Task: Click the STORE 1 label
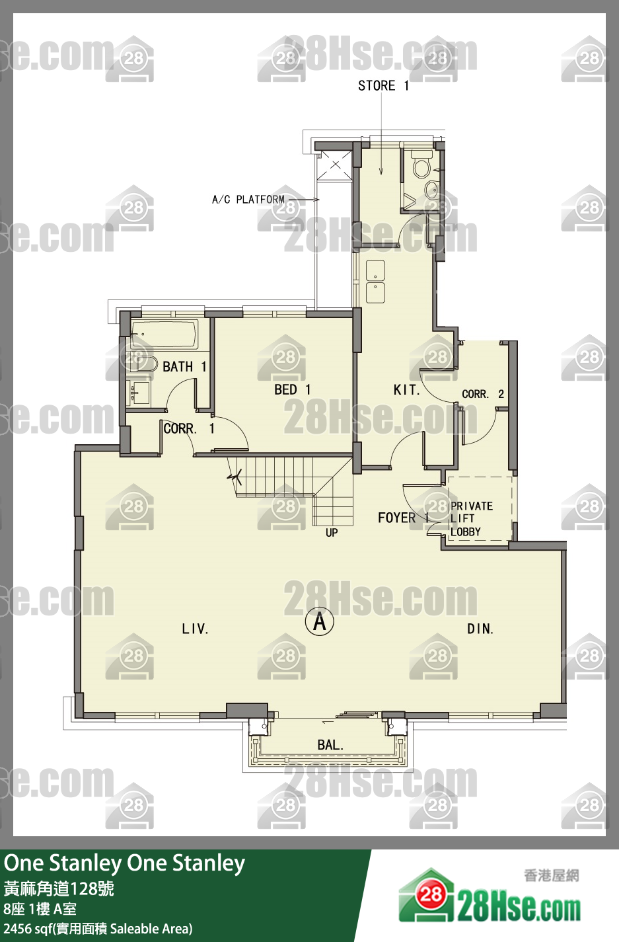pyautogui.click(x=383, y=86)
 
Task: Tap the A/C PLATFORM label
pyautogui.click(x=248, y=200)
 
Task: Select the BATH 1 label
pyautogui.click(x=184, y=367)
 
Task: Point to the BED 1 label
pyautogui.click(x=293, y=390)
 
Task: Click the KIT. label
pyautogui.click(x=406, y=390)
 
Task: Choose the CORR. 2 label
pyautogui.click(x=483, y=394)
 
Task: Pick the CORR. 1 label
pyautogui.click(x=189, y=428)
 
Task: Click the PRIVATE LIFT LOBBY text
pyautogui.click(x=472, y=519)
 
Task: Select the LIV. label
pyautogui.click(x=195, y=629)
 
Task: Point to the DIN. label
pyautogui.click(x=480, y=629)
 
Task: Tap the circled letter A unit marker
pyautogui.click(x=319, y=621)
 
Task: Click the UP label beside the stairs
pyautogui.click(x=332, y=533)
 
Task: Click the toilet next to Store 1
pyautogui.click(x=421, y=165)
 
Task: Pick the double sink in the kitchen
pyautogui.click(x=375, y=282)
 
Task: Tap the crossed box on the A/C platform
pyautogui.click(x=335, y=165)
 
